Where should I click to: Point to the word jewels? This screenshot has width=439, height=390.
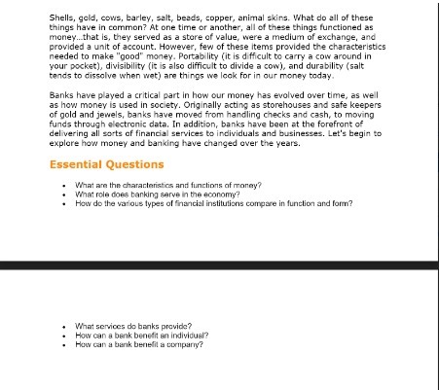[113, 116]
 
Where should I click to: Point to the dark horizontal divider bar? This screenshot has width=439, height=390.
[219, 266]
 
